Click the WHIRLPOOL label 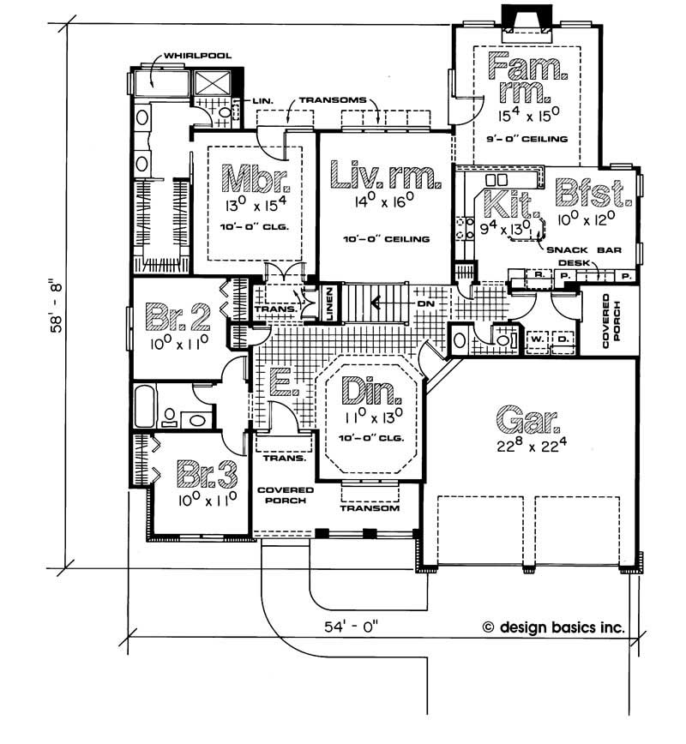coord(198,56)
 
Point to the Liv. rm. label coord(385,175)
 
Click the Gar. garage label coord(527,420)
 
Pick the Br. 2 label coord(179,316)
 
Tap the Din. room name coord(371,392)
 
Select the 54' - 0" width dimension coord(352,627)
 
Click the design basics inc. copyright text coord(554,627)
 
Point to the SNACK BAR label coord(584,250)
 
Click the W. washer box coord(537,339)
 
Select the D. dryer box coord(563,339)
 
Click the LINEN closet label coord(329,303)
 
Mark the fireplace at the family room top coord(527,19)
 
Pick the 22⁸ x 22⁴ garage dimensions coord(532,446)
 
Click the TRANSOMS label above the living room coord(333,100)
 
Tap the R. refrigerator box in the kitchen coord(539,275)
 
